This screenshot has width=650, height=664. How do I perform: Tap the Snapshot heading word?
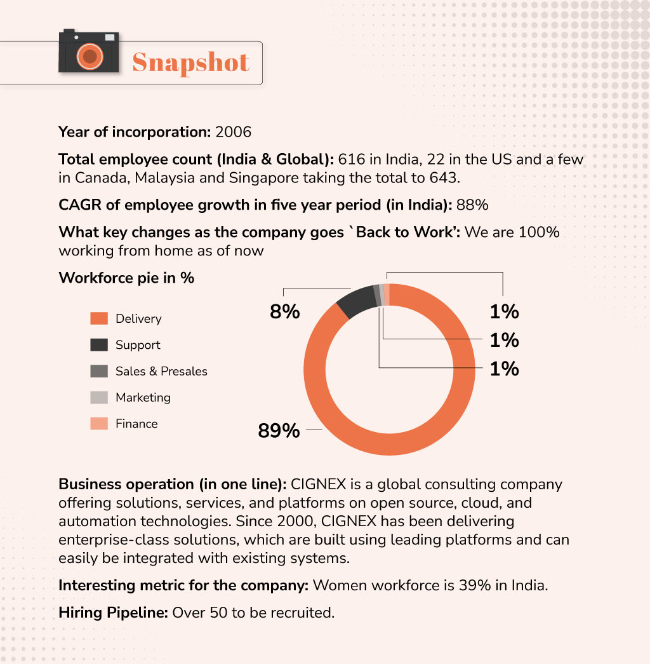pyautogui.click(x=190, y=63)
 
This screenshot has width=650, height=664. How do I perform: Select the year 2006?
pyautogui.click(x=234, y=132)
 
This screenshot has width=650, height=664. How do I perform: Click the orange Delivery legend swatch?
pyautogui.click(x=99, y=318)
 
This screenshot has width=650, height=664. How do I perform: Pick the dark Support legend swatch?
pyautogui.click(x=99, y=345)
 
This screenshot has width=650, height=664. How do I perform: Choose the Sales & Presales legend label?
pyautogui.click(x=161, y=371)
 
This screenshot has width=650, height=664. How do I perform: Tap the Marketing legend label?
pyautogui.click(x=143, y=398)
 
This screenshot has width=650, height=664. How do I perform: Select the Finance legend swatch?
pyautogui.click(x=99, y=424)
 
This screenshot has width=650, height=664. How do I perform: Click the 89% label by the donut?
pyautogui.click(x=279, y=431)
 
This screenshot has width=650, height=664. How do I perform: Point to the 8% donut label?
pyautogui.click(x=283, y=312)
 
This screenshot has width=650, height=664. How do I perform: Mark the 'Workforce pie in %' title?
pyautogui.click(x=126, y=278)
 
